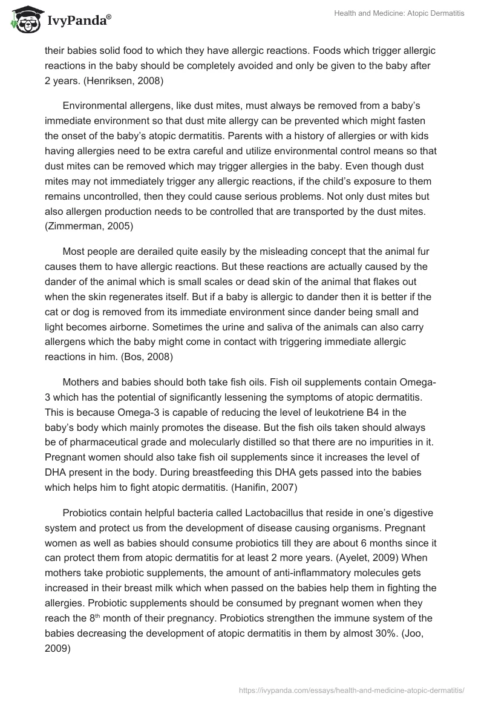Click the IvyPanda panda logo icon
pyautogui.click(x=24, y=21)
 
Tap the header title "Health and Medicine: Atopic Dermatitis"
pyautogui.click(x=399, y=13)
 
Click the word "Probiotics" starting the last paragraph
pyautogui.click(x=85, y=513)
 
